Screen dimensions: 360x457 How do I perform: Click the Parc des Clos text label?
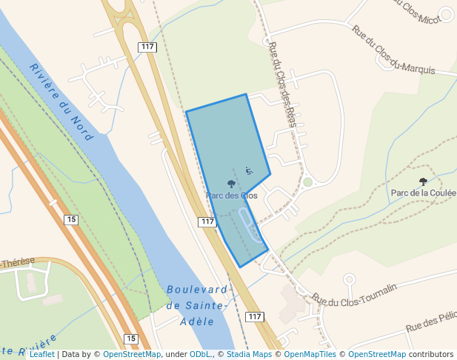click(232, 196)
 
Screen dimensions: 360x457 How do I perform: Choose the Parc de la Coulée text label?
click(424, 193)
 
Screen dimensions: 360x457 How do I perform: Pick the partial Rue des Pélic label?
click(431, 323)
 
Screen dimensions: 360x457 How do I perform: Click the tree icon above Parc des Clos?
click(232, 184)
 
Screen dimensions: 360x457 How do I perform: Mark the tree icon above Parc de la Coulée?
click(423, 181)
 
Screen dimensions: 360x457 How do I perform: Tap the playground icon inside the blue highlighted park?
click(250, 171)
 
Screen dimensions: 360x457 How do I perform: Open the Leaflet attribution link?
click(41, 354)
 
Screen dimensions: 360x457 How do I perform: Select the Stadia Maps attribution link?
click(249, 354)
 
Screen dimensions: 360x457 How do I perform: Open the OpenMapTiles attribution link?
click(311, 354)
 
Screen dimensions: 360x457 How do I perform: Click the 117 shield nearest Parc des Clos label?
click(207, 221)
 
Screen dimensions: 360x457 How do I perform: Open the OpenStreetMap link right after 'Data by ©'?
click(132, 354)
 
